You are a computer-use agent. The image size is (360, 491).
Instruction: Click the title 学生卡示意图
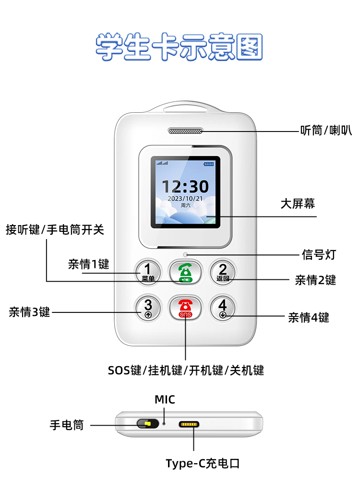click(180, 47)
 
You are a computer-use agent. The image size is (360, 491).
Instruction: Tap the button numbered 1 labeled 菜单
click(148, 272)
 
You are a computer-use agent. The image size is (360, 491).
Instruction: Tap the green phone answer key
click(185, 272)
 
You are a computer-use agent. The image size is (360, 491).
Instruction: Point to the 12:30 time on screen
click(185, 186)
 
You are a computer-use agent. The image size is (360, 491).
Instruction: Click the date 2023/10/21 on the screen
click(185, 198)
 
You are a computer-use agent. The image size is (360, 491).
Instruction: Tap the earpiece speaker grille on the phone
click(185, 131)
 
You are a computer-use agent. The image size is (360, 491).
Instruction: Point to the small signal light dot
click(185, 255)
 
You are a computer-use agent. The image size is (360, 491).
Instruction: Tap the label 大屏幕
click(298, 204)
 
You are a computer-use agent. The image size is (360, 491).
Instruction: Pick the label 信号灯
click(318, 255)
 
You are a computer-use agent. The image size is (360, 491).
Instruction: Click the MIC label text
click(165, 399)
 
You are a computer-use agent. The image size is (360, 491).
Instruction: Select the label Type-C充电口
click(203, 464)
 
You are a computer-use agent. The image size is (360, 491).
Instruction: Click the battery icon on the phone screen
click(209, 164)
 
